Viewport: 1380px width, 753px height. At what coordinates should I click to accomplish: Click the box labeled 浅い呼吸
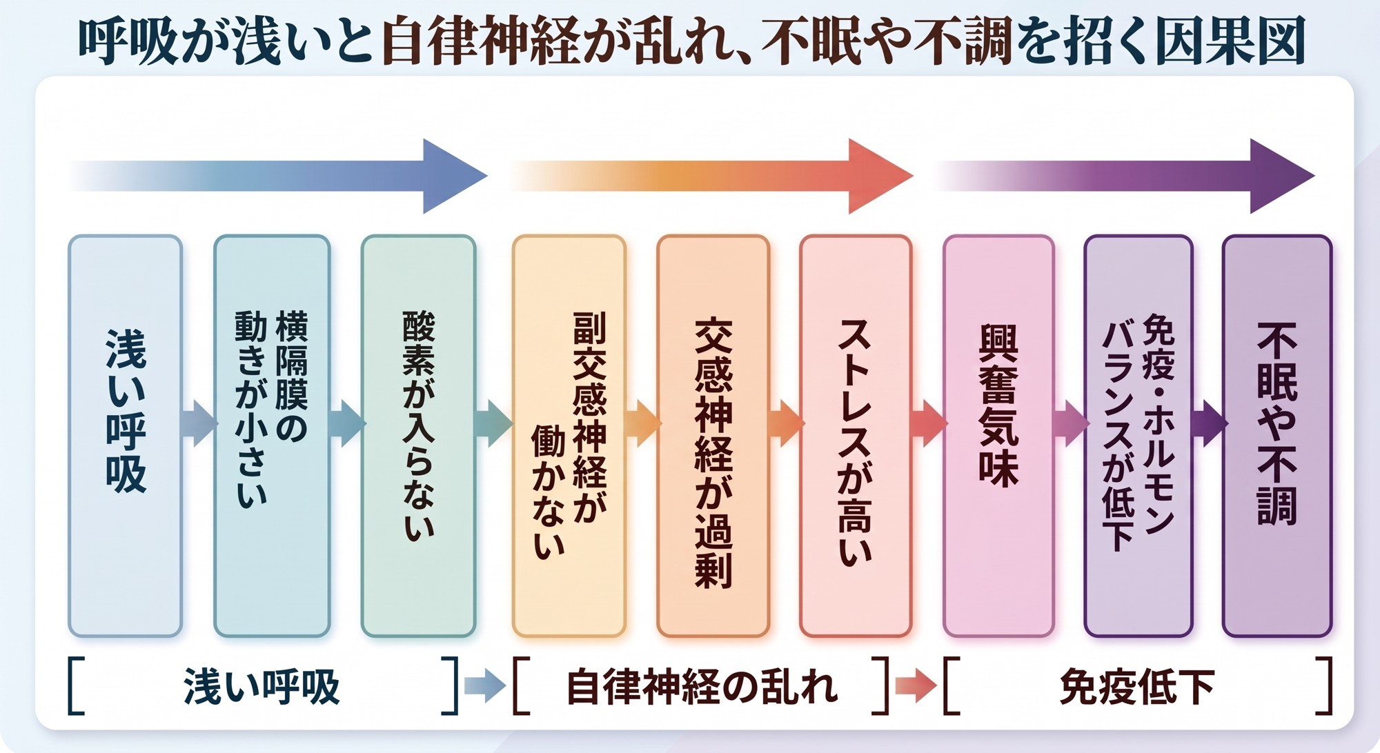point(126,436)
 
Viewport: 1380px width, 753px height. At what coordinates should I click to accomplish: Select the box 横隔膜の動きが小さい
point(272,436)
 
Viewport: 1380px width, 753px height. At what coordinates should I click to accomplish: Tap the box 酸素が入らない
point(419,436)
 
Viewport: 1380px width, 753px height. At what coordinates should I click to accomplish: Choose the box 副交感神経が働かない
point(569,436)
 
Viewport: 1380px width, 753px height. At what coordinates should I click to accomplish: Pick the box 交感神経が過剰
point(713,436)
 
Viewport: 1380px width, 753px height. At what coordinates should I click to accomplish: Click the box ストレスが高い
point(856,436)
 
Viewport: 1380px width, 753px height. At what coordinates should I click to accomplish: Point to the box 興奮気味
point(998,436)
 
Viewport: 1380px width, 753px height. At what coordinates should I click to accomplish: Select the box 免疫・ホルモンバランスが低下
point(1138,436)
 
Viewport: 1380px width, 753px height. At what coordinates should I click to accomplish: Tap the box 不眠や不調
point(1277,436)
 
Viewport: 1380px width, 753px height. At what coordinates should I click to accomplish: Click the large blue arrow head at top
point(452,176)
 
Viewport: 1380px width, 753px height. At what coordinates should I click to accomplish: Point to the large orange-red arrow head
point(878,176)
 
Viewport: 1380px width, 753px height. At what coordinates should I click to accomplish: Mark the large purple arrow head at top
point(1280,176)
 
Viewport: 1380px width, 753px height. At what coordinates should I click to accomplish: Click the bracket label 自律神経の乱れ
point(702,687)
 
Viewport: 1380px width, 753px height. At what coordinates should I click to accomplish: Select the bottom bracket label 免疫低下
point(1137,687)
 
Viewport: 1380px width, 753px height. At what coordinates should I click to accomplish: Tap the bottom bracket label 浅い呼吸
point(262,687)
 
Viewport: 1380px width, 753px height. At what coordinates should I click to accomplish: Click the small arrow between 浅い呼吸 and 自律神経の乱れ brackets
point(485,686)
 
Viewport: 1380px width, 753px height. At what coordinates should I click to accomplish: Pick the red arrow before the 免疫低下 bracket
point(916,686)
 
